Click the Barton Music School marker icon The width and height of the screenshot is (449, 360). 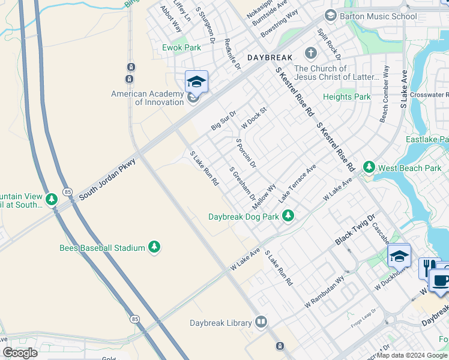pos(330,16)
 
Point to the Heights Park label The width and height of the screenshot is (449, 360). pos(346,97)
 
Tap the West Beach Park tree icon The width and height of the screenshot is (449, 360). pos(369,167)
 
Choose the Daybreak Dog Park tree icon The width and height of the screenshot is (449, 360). pos(289,215)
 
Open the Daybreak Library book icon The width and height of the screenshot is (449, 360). pos(261,323)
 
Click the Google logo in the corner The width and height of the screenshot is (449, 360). pos(20,352)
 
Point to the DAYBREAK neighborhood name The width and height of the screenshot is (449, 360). pos(270,58)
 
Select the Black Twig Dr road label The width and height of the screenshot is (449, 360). pos(355,229)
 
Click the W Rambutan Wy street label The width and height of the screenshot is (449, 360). pos(324,292)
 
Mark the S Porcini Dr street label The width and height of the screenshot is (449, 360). pos(246,153)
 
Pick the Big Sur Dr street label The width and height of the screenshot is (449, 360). pos(224,120)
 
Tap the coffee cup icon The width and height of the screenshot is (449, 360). pos(441,280)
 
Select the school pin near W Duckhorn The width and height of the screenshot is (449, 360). pos(399,256)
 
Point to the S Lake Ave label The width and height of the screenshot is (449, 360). pos(403,89)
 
